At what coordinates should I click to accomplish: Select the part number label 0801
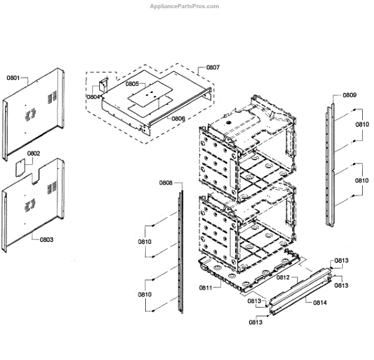click(13, 79)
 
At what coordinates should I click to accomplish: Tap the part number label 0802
click(34, 153)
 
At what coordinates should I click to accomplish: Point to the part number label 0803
click(47, 239)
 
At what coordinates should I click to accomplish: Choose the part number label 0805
click(132, 83)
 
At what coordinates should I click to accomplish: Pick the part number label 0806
click(178, 119)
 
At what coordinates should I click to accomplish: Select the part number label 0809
click(349, 95)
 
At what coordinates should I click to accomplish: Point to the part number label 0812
click(284, 278)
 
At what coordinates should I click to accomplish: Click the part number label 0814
click(320, 303)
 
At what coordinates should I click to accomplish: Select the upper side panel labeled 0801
click(34, 112)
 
